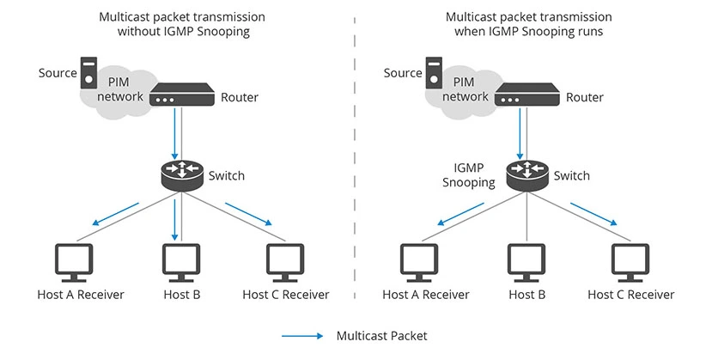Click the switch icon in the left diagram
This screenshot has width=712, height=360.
pos(180,174)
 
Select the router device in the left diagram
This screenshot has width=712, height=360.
pos(181,95)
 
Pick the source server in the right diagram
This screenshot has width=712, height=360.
pos(433,72)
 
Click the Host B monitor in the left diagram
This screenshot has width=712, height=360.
pos(180,261)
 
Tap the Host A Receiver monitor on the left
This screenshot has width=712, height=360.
pos(74,261)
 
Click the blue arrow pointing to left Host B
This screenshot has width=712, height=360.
pos(175,220)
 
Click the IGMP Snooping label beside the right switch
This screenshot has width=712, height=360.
pos(469,175)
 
